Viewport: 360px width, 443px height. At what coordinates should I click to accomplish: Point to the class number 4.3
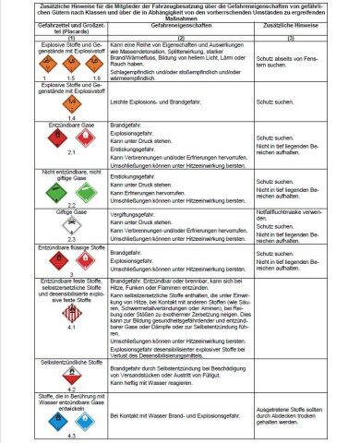pos(54,435)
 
